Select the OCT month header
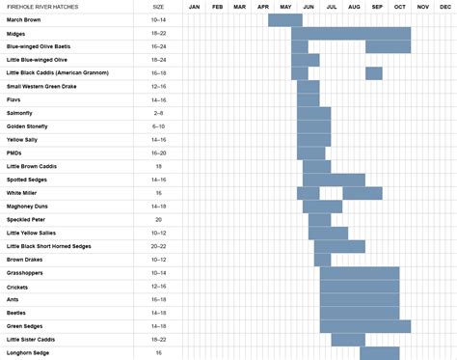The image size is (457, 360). click(399, 7)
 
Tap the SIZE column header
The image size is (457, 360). click(158, 7)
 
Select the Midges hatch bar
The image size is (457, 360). click(351, 33)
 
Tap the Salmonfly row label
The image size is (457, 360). click(20, 113)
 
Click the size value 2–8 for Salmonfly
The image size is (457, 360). click(158, 113)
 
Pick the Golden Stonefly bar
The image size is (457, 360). click(313, 126)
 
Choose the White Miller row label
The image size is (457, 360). click(22, 193)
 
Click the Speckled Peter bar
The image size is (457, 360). click(319, 219)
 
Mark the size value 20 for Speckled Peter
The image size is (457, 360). click(158, 219)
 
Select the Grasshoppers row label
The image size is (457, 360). click(24, 273)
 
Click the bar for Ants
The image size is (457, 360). click(360, 299)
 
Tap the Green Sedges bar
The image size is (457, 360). click(365, 326)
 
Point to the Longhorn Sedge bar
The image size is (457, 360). click(379, 352)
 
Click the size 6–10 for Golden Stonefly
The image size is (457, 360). click(158, 126)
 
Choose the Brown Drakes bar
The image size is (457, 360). click(322, 260)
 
